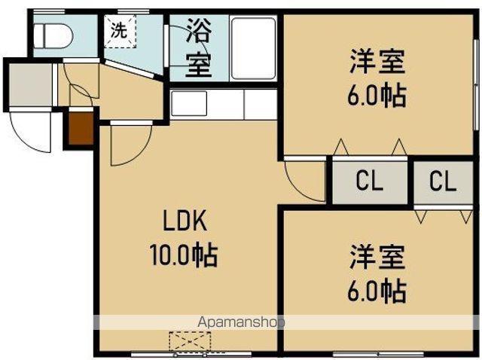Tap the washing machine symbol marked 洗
click(x=120, y=32)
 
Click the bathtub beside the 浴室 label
click(x=255, y=47)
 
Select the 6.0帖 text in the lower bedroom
click(x=377, y=290)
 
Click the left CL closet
click(x=370, y=181)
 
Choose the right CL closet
click(x=443, y=181)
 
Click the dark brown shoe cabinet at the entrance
click(x=81, y=127)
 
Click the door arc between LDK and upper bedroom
click(x=303, y=181)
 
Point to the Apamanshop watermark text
click(x=241, y=322)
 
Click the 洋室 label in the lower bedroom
click(x=377, y=256)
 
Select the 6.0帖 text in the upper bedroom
click(x=377, y=96)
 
